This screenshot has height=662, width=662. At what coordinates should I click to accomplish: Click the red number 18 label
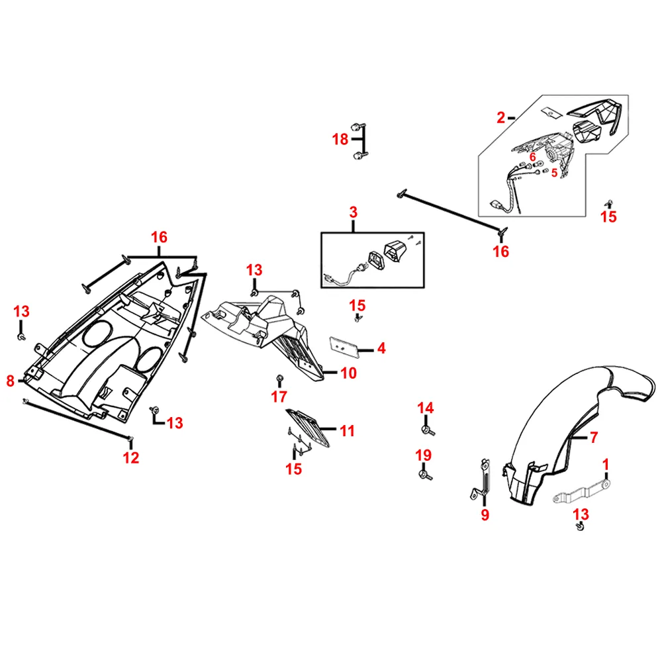pyautogui.click(x=340, y=139)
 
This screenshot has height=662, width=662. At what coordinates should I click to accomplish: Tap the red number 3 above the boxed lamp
pyautogui.click(x=353, y=213)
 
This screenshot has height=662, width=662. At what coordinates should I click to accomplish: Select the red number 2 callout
pyautogui.click(x=500, y=118)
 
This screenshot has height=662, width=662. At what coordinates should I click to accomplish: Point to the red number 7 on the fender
pyautogui.click(x=594, y=437)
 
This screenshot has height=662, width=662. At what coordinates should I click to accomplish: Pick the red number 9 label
pyautogui.click(x=485, y=514)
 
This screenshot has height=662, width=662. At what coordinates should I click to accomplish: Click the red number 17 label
pyautogui.click(x=279, y=397)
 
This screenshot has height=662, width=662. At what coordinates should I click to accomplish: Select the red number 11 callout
pyautogui.click(x=347, y=432)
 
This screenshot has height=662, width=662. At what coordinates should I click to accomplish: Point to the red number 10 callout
pyautogui.click(x=348, y=373)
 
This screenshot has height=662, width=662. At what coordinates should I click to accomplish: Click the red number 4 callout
pyautogui.click(x=381, y=348)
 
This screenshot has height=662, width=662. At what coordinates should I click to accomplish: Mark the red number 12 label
pyautogui.click(x=131, y=457)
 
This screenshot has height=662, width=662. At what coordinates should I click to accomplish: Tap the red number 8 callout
pyautogui.click(x=10, y=381)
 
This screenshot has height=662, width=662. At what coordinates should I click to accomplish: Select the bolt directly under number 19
pyautogui.click(x=424, y=475)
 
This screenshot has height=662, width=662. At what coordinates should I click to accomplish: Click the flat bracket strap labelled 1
pyautogui.click(x=579, y=493)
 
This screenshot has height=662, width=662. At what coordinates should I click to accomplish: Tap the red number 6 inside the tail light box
pyautogui.click(x=532, y=157)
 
